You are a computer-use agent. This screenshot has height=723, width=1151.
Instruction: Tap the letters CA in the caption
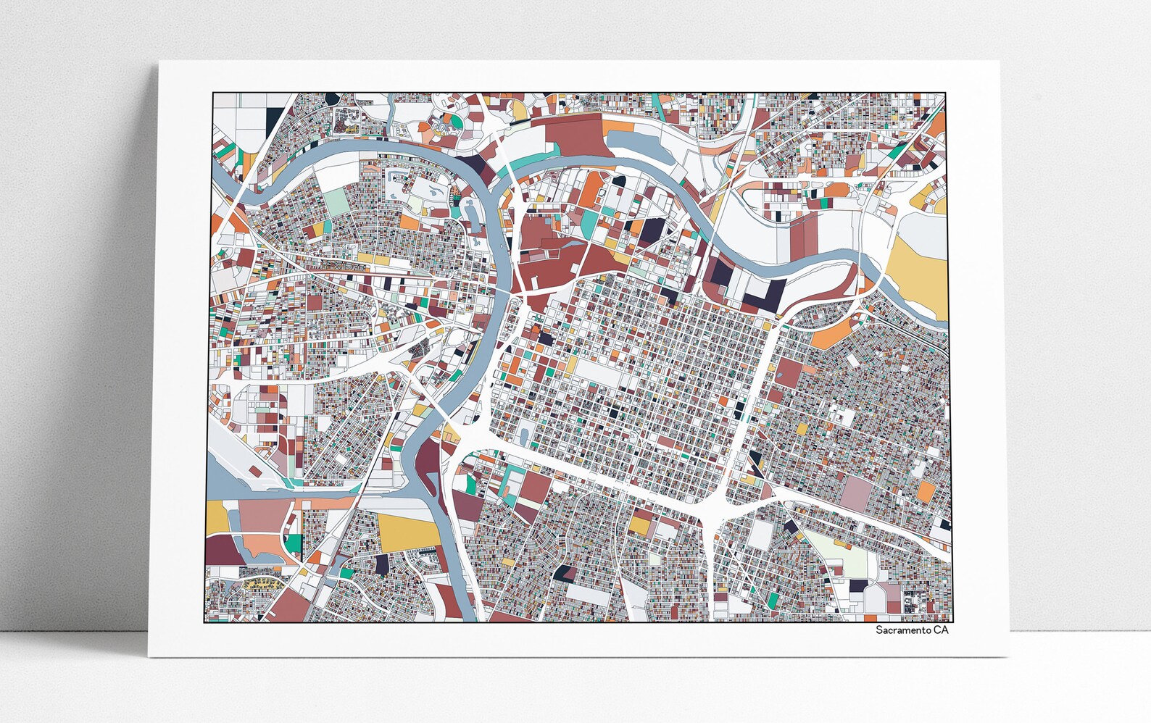[940, 630]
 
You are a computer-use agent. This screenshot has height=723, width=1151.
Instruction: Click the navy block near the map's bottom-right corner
[858, 585]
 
